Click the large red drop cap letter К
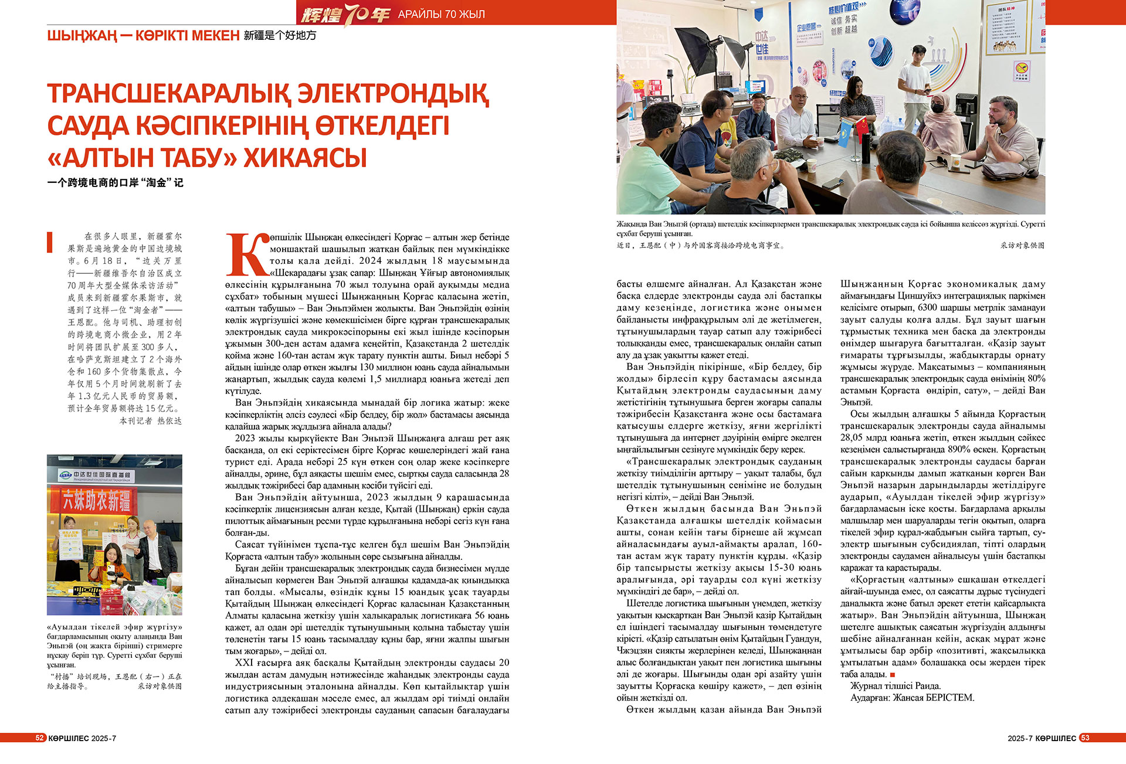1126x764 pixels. (x=246, y=255)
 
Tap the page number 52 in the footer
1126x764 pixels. (x=40, y=738)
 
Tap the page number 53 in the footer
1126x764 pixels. (x=1085, y=738)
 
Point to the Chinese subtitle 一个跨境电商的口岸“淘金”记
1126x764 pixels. (x=115, y=183)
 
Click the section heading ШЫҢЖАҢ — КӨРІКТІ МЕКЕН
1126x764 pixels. (x=143, y=36)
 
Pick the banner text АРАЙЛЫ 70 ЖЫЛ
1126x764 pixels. (x=441, y=14)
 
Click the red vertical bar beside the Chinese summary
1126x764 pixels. (x=50, y=242)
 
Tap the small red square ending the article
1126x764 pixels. (x=892, y=675)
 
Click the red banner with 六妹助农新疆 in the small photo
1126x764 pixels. (x=97, y=500)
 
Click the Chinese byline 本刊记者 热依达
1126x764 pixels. (x=151, y=421)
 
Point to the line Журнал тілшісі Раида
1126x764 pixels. (x=896, y=686)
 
